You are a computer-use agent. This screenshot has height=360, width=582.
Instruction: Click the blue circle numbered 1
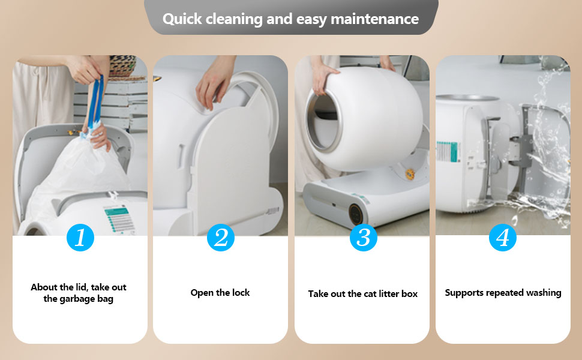80,238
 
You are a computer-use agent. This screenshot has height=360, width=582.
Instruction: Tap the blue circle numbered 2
220,238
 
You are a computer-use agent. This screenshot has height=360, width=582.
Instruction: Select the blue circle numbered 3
364,238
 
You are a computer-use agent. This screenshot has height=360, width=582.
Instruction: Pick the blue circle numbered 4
503,238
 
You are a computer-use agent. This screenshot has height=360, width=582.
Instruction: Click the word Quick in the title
182,19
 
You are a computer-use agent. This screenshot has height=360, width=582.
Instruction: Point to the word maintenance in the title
374,19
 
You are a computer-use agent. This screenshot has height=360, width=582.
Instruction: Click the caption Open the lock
220,293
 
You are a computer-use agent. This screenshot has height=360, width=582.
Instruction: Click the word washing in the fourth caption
544,293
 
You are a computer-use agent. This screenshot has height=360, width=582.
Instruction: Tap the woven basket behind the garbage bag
122,67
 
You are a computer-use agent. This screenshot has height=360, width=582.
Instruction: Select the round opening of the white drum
323,121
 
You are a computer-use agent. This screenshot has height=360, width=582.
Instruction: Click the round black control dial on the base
356,213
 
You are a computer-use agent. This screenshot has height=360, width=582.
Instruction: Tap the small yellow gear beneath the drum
409,173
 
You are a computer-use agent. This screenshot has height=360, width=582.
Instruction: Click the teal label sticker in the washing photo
448,151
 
